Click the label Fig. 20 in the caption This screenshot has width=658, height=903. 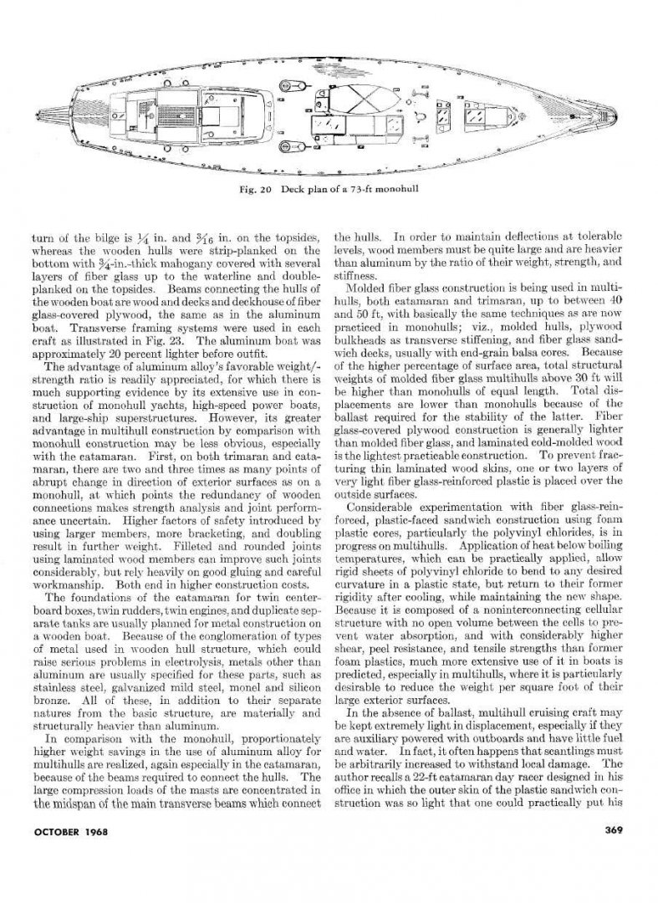click(x=251, y=186)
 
